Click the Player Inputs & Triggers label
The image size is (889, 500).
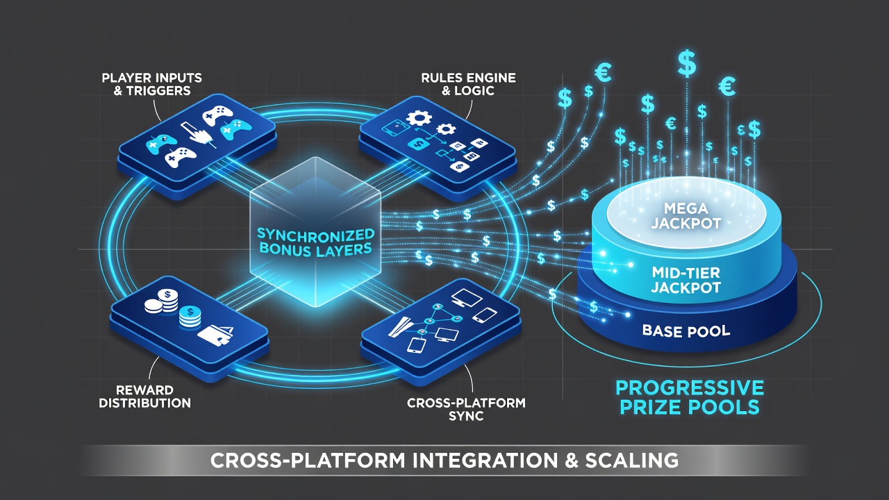click(152, 84)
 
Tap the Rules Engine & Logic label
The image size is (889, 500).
click(468, 84)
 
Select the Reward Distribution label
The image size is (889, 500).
click(145, 397)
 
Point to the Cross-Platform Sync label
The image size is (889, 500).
click(466, 410)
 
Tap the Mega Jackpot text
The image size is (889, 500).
click(686, 216)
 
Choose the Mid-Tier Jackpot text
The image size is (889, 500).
click(686, 280)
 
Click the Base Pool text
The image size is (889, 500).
click(686, 331)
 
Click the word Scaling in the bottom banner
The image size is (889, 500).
click(632, 460)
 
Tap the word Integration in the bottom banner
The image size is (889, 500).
click(485, 460)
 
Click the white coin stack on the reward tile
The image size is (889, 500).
click(162, 301)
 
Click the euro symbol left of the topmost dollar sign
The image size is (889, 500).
click(603, 74)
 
